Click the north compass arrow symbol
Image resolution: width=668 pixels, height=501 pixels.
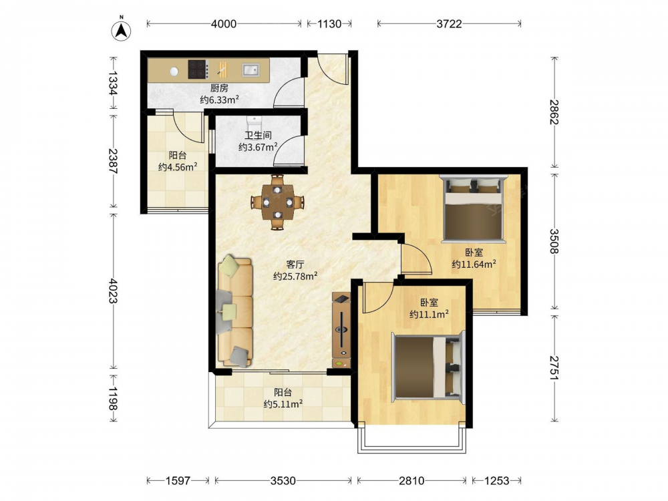(x=121, y=30)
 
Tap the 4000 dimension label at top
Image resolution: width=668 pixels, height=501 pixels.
(x=224, y=24)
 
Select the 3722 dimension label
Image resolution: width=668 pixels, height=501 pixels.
(x=449, y=24)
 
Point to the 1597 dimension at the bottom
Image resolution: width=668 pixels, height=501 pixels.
(x=178, y=480)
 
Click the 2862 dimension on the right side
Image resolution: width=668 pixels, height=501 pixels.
(x=554, y=112)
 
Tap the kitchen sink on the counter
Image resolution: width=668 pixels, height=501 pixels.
(x=251, y=69)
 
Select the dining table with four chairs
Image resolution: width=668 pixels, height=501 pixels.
(x=277, y=202)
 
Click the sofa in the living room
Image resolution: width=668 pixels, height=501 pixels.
(x=234, y=311)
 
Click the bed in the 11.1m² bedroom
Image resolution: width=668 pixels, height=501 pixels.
(x=428, y=367)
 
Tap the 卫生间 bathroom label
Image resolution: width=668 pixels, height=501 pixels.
(x=258, y=136)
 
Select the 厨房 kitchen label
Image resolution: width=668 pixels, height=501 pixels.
(x=219, y=88)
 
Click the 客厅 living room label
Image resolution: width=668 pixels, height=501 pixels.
(x=295, y=265)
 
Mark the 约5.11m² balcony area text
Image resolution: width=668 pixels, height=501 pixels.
(x=283, y=404)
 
